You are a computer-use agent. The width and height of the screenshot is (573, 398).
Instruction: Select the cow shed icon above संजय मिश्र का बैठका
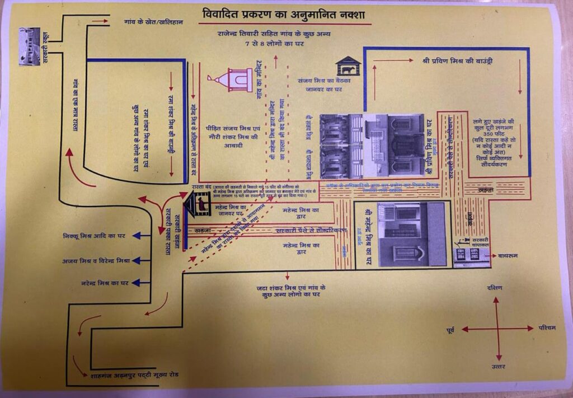click(347, 67)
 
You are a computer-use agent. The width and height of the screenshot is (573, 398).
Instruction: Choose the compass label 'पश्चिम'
click(547, 327)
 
